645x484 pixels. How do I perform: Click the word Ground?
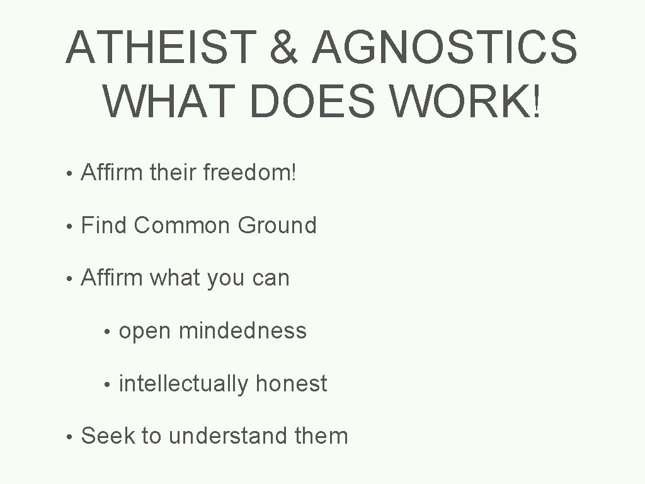[x=277, y=224]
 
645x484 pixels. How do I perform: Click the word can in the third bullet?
[x=270, y=278]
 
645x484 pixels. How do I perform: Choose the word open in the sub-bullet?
[x=145, y=331]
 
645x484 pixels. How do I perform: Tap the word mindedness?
[x=243, y=330]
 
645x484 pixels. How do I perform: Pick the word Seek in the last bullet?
[x=108, y=435]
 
